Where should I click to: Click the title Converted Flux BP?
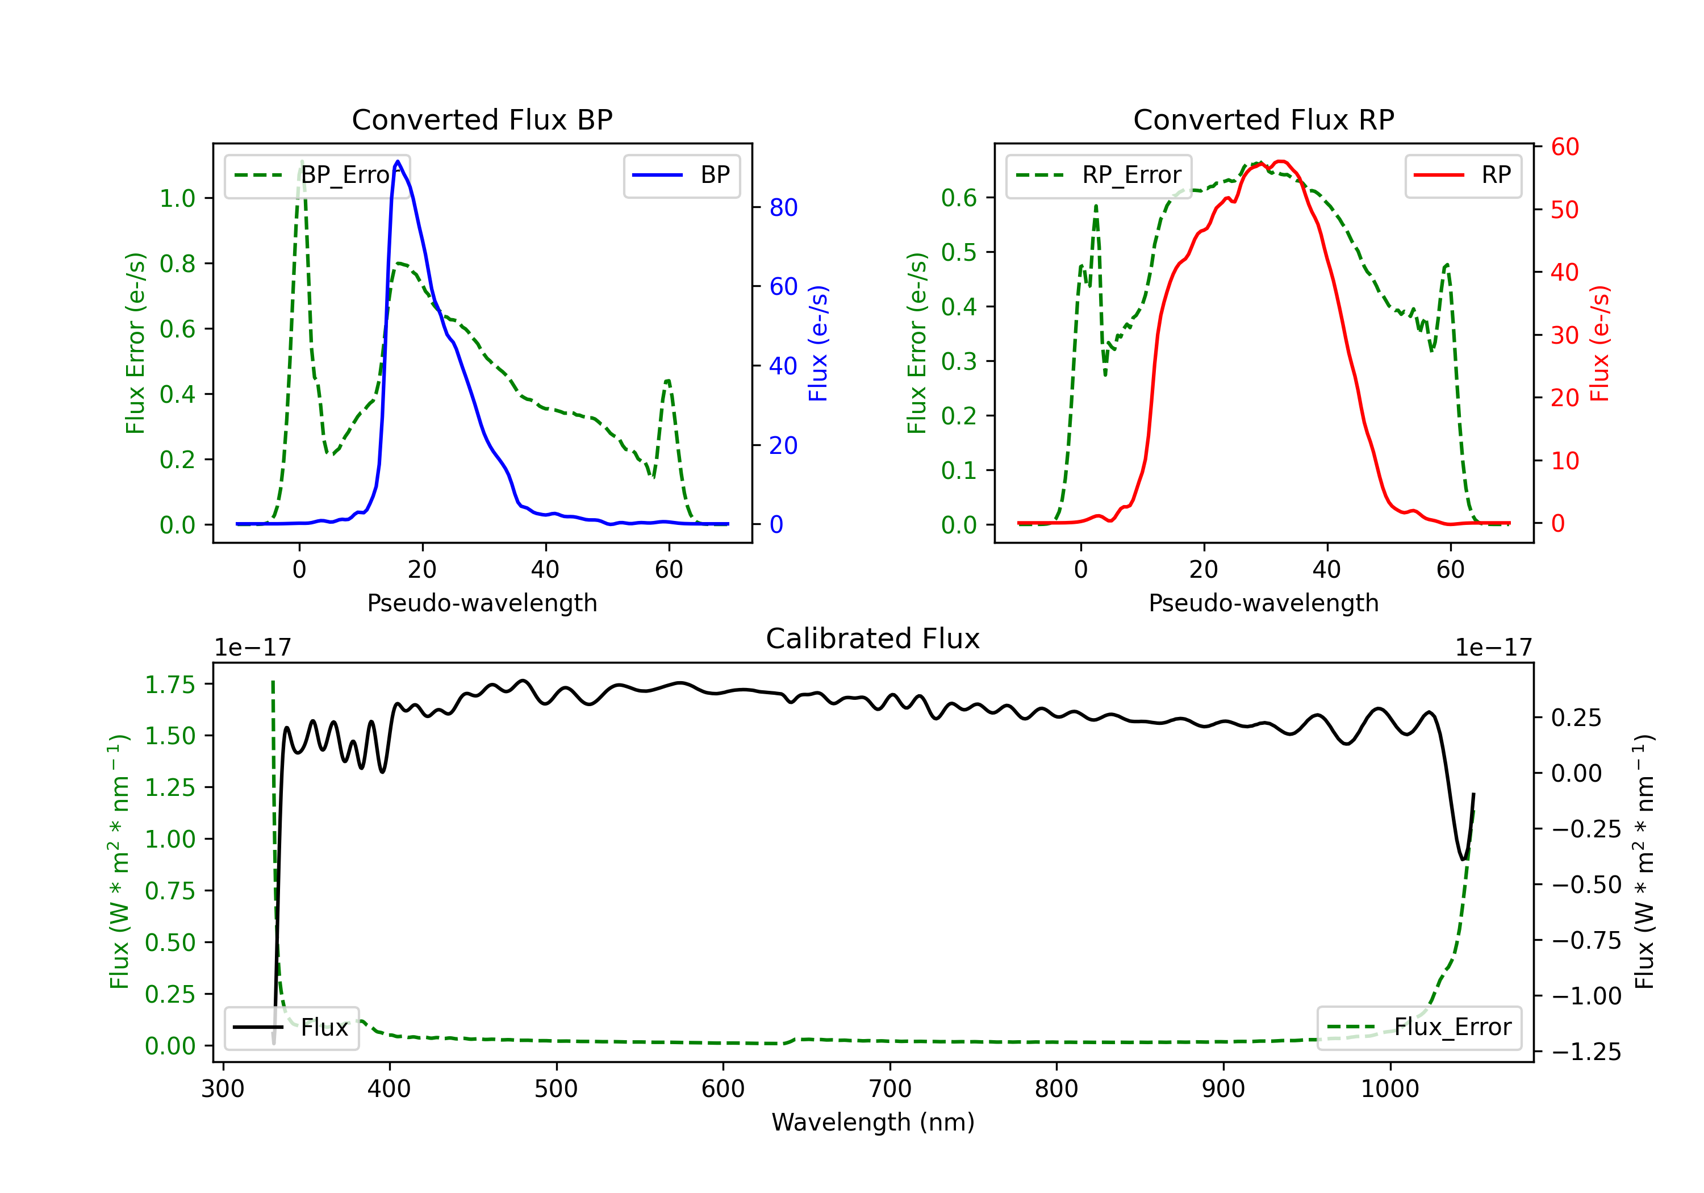point(482,119)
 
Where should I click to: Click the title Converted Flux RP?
point(1263,119)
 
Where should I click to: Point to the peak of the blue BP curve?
point(398,161)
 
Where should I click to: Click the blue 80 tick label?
point(783,207)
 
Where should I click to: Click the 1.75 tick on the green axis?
point(170,684)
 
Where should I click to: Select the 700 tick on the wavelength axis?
point(890,1088)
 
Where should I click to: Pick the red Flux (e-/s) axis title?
point(1600,343)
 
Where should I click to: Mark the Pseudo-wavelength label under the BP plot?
point(482,603)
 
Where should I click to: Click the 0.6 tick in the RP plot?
point(958,198)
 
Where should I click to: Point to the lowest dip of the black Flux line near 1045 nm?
point(1462,859)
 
